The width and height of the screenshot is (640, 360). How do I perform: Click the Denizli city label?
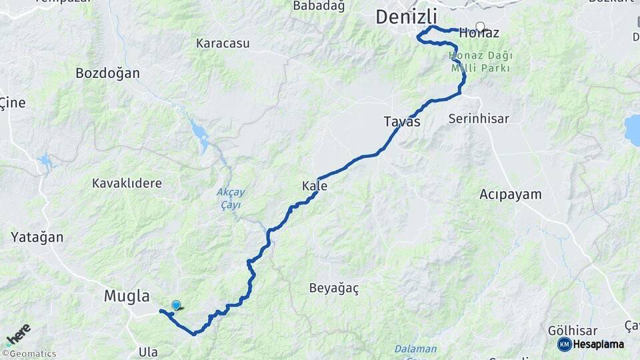coord(406,17)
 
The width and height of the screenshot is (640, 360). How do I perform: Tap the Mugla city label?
coord(127,296)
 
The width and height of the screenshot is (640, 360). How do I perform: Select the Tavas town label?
coord(402,121)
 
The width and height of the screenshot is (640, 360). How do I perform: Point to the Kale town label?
coord(315,186)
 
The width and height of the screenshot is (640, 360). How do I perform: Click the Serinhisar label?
coord(479,119)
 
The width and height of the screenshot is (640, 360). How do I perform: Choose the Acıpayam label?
coord(511,195)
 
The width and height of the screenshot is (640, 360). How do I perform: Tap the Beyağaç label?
coord(334,288)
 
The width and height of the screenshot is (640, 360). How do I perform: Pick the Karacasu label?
coord(223,43)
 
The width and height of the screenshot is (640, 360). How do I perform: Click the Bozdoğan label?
coord(107,73)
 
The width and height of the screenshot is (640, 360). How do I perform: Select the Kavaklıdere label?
coord(127,183)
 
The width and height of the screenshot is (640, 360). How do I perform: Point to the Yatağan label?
coord(37,237)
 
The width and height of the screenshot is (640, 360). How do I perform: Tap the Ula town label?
coord(148,351)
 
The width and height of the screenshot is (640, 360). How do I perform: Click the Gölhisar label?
coord(572,331)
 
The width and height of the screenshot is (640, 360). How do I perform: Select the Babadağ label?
coord(319,6)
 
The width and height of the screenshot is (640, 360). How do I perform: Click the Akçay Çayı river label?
coord(231,199)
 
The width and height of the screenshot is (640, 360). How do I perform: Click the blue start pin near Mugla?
coord(176,305)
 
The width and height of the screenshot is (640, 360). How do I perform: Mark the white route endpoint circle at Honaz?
coord(480,27)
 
